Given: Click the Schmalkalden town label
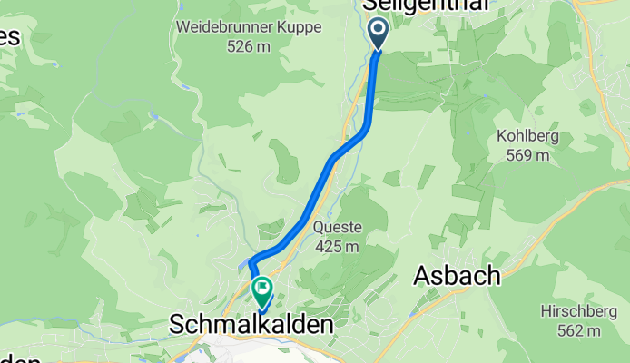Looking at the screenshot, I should pyautogui.click(x=251, y=324).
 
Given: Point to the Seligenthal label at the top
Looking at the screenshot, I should pyautogui.click(x=427, y=5).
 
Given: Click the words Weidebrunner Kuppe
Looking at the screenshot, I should pyautogui.click(x=250, y=27).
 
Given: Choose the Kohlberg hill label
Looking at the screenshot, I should pyautogui.click(x=527, y=137).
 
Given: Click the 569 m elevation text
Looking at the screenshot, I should pyautogui.click(x=527, y=154).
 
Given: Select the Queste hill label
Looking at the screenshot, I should pyautogui.click(x=336, y=227).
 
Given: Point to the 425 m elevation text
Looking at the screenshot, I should pyautogui.click(x=336, y=245).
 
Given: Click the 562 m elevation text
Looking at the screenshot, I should pyautogui.click(x=578, y=331).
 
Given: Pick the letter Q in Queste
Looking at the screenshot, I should pyautogui.click(x=319, y=227).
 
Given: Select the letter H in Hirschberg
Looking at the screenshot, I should pyautogui.click(x=544, y=313).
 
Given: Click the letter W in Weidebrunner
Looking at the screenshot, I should pyautogui.click(x=183, y=27).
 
